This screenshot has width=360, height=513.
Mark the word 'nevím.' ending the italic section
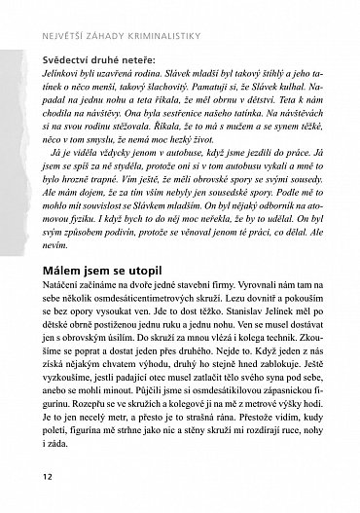tap(56, 233)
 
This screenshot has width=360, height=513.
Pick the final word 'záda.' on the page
tap(55, 447)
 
